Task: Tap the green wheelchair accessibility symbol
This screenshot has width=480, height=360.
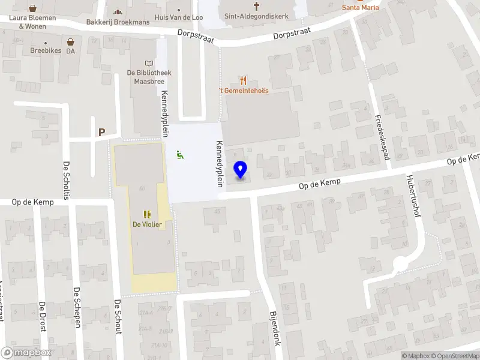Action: (180, 155)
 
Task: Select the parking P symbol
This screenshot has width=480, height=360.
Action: (101, 132)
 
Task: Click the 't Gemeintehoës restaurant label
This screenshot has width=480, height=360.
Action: (243, 90)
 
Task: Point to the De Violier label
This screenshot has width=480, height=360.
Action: (147, 224)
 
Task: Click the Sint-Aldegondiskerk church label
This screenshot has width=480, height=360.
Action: (256, 17)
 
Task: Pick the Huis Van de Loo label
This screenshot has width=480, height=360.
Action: (178, 17)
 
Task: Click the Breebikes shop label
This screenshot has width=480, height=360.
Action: (46, 50)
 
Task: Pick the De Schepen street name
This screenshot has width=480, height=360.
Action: (77, 307)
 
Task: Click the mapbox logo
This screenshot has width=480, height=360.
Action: (26, 353)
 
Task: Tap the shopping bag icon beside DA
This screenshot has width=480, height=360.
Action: (71, 42)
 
